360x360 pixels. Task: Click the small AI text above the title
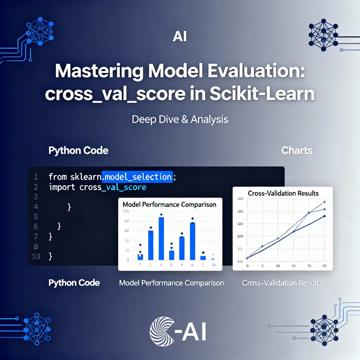point(180,37)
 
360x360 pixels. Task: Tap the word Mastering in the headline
point(99,71)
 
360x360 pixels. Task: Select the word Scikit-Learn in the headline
point(262,94)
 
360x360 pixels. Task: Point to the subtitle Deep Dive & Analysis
point(180,119)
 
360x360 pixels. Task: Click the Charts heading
point(297,150)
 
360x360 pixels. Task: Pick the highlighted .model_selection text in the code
point(137,177)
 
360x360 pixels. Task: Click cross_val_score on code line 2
point(113,187)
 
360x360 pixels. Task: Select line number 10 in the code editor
point(36,256)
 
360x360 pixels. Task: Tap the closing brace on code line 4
point(69,207)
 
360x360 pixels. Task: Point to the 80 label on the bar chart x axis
point(214,265)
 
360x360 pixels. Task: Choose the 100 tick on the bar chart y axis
point(126,211)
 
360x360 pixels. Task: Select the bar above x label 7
point(203,258)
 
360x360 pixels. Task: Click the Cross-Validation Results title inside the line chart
point(283,193)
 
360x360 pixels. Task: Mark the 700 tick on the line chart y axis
point(240,199)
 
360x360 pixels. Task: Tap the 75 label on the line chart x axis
point(309,266)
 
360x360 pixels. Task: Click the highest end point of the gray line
point(324,202)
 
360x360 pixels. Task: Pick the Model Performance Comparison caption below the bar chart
point(171,283)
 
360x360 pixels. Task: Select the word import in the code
point(62,187)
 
